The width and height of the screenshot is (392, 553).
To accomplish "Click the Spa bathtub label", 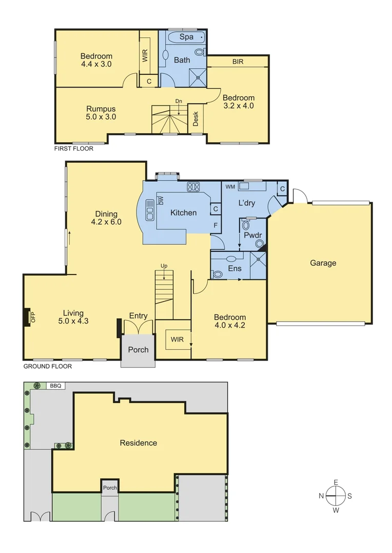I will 186,37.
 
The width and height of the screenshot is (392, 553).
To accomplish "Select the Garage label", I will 323,263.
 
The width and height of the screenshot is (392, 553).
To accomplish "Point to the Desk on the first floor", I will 195,119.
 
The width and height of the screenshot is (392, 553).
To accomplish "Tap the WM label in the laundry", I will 230,187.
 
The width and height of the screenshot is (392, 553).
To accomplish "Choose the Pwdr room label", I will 252,236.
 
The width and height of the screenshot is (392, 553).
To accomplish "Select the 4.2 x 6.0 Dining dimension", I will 106,222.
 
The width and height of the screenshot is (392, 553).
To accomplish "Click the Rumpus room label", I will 101,109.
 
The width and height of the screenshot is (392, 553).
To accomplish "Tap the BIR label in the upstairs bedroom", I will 238,61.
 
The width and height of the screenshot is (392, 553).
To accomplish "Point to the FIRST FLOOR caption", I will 74,148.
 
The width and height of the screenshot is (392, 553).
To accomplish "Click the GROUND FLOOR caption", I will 48,366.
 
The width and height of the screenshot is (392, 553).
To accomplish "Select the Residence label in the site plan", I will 138,442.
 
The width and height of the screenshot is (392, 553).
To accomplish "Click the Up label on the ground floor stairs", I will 164,266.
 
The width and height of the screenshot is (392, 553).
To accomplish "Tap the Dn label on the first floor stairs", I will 179,101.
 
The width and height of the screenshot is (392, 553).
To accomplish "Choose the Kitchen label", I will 183,212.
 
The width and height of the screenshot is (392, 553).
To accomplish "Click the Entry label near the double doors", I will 138,316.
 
